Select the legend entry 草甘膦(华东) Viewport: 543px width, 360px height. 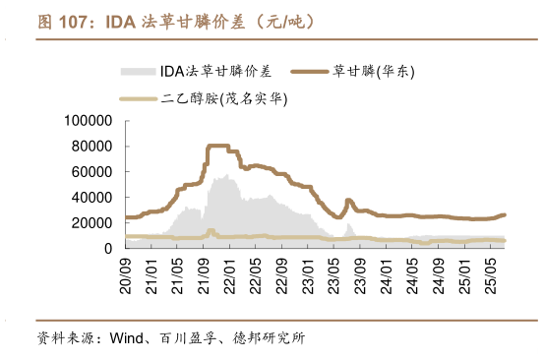coord(372,71)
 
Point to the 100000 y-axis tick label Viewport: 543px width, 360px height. coord(89,120)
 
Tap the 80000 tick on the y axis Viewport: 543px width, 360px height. coord(92,146)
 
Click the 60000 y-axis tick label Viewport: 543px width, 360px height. coord(92,171)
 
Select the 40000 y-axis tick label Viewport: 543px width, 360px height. coord(92,197)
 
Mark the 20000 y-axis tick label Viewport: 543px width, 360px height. coord(92,222)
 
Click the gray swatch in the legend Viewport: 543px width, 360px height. coord(138,71)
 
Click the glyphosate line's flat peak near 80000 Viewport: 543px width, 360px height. coord(217,146)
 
